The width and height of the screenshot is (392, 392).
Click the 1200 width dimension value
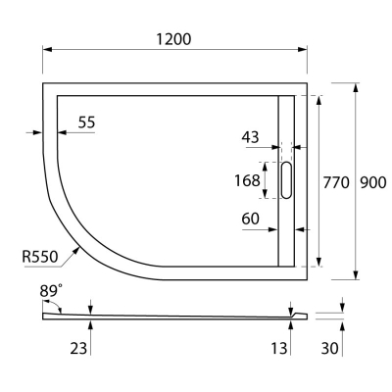(x=172, y=38)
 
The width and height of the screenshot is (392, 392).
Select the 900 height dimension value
(x=373, y=181)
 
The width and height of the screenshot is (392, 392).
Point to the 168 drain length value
(x=248, y=180)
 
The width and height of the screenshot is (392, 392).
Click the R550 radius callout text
(x=40, y=257)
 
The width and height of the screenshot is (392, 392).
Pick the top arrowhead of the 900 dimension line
(x=354, y=86)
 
